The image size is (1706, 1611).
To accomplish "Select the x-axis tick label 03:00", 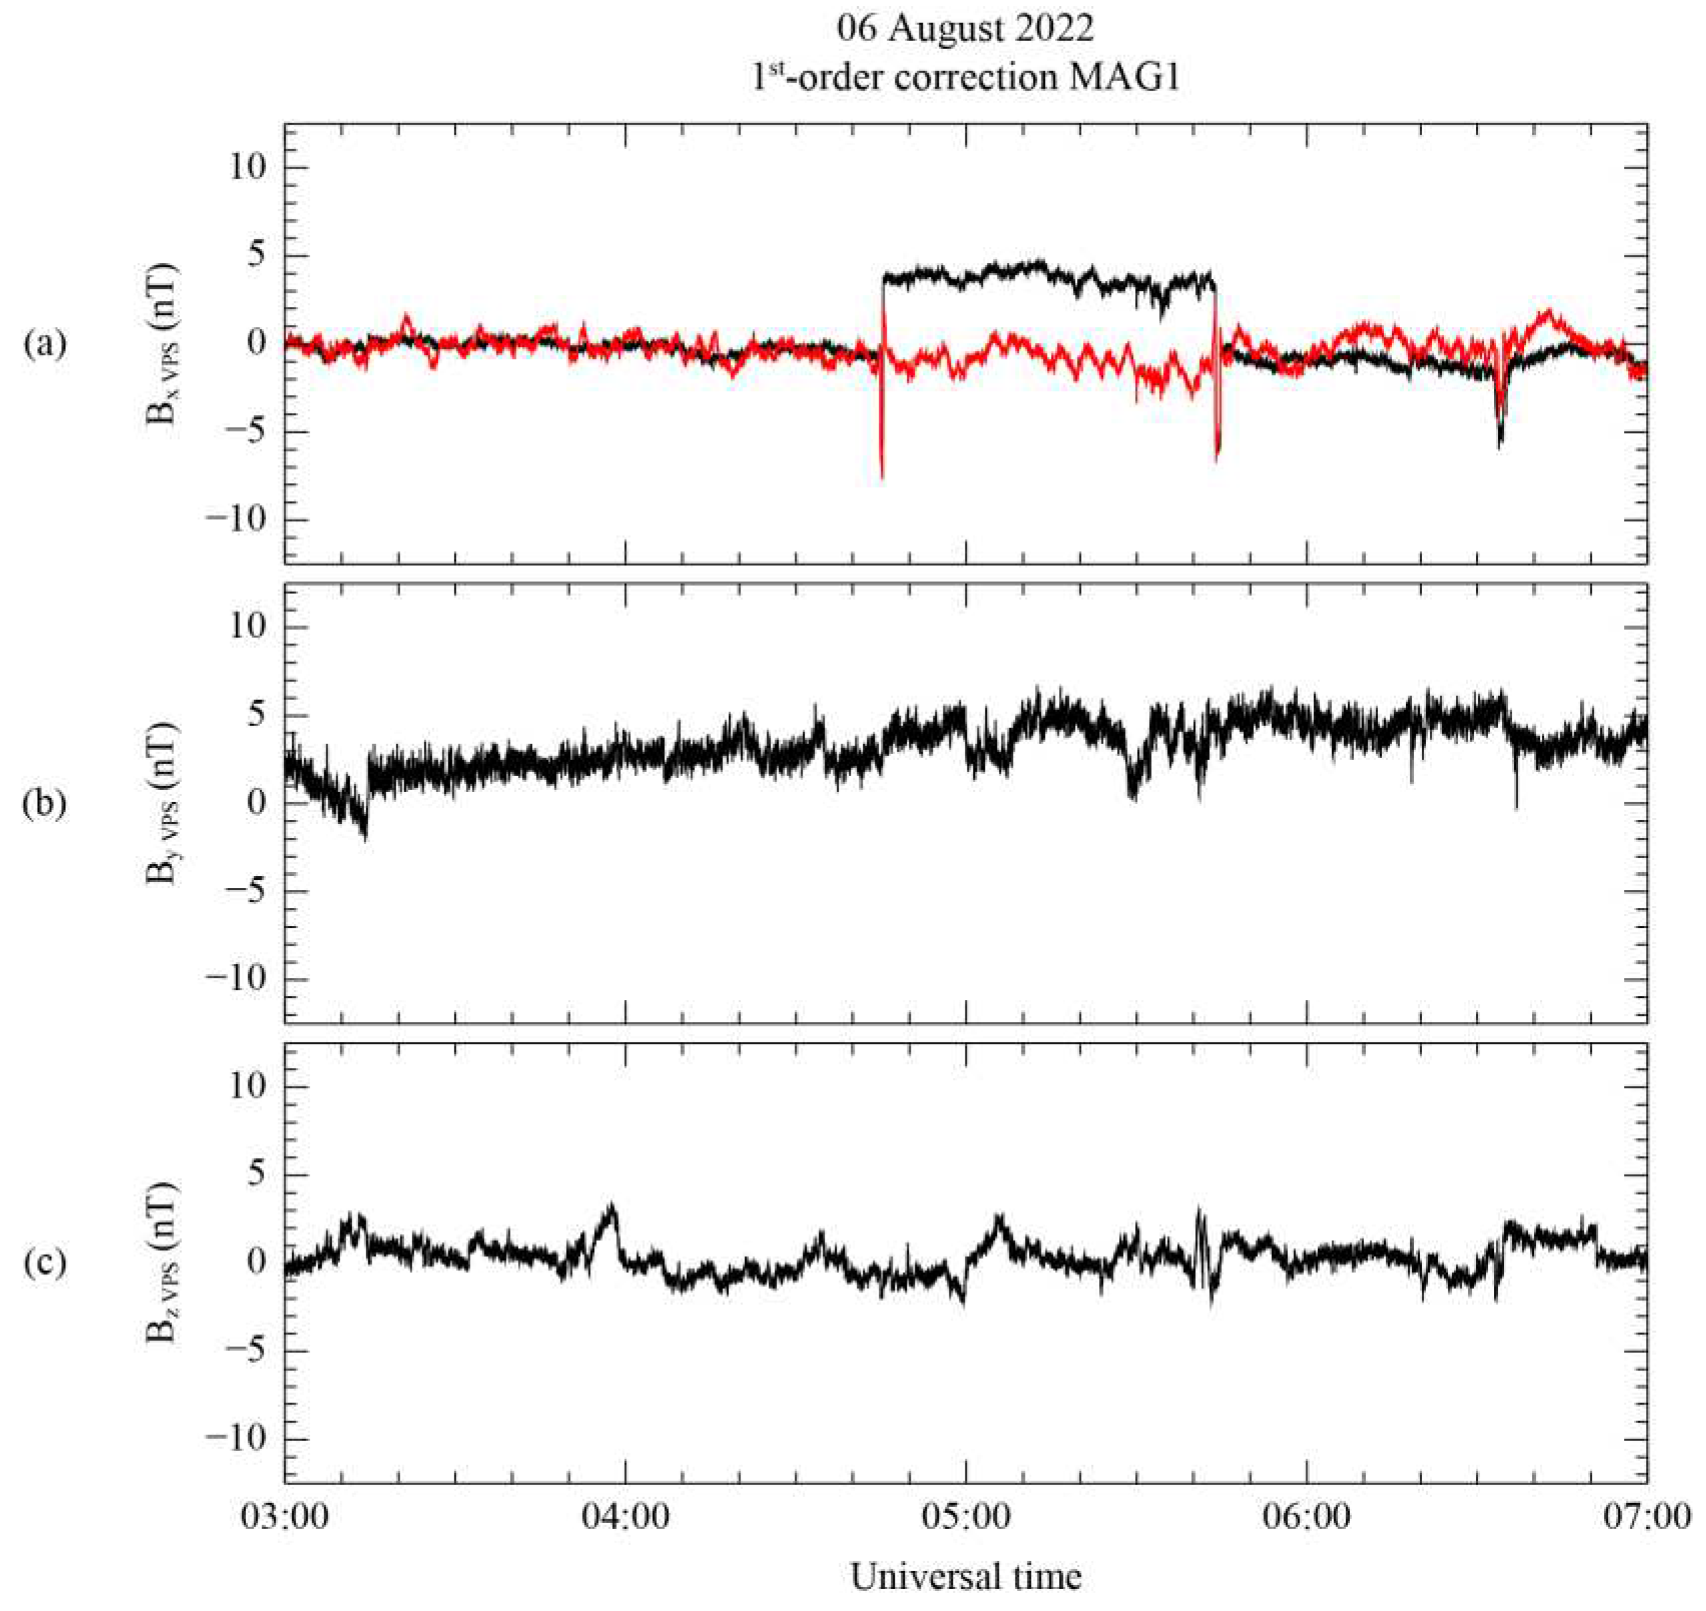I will tap(284, 1516).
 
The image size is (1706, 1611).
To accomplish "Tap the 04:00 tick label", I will tap(625, 1516).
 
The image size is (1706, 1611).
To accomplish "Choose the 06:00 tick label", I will tap(1306, 1516).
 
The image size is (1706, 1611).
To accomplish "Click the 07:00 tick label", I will tap(1647, 1516).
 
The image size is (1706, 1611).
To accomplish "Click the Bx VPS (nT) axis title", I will tap(163, 344).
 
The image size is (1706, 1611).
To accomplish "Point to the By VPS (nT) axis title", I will tap(163, 803).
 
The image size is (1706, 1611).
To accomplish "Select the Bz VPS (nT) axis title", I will tap(163, 1262).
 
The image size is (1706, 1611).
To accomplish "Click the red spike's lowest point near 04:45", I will tap(882, 478).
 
